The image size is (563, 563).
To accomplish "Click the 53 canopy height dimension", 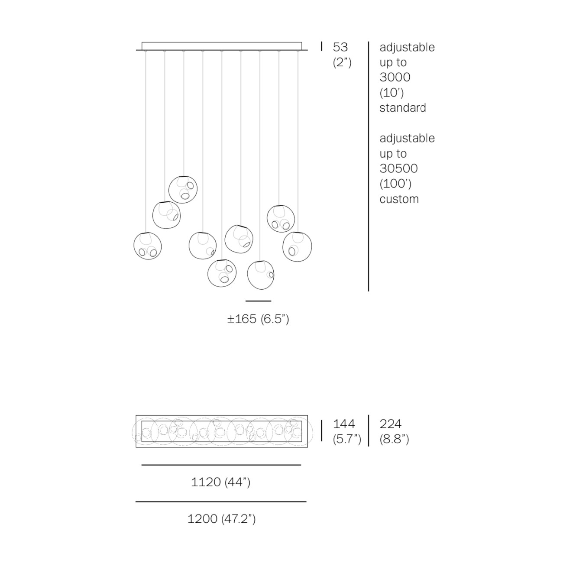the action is pyautogui.click(x=340, y=47).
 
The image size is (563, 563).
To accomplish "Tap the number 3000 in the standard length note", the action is pyautogui.click(x=395, y=77).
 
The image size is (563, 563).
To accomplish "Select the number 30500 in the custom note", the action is pyautogui.click(x=398, y=168).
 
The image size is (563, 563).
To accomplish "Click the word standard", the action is pyautogui.click(x=403, y=108).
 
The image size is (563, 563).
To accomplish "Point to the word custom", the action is pyautogui.click(x=399, y=199).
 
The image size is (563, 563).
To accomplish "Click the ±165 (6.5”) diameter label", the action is pyautogui.click(x=258, y=319).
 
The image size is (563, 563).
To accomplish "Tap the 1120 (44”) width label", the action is pyautogui.click(x=220, y=482).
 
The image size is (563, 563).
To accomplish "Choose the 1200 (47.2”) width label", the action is pyautogui.click(x=221, y=519).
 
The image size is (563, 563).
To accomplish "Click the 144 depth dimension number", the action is pyautogui.click(x=344, y=424).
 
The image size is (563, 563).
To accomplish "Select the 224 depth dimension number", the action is pyautogui.click(x=391, y=424).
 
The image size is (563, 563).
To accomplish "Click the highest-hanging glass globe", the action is pyautogui.click(x=183, y=189).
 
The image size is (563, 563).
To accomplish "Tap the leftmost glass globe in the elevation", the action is pyautogui.click(x=148, y=246).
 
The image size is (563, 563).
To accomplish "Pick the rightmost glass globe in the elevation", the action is pyautogui.click(x=297, y=246).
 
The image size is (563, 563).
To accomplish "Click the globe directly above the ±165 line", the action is pyautogui.click(x=261, y=275).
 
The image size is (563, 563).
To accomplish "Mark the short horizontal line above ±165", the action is pyautogui.click(x=258, y=301).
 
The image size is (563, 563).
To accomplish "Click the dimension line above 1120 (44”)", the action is pyautogui.click(x=221, y=465).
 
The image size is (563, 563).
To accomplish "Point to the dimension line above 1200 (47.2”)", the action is pyautogui.click(x=221, y=502).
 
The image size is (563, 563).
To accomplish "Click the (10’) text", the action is pyautogui.click(x=392, y=93).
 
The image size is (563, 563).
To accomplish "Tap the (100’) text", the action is pyautogui.click(x=395, y=184).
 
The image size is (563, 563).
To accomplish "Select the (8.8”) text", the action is pyautogui.click(x=394, y=439).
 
